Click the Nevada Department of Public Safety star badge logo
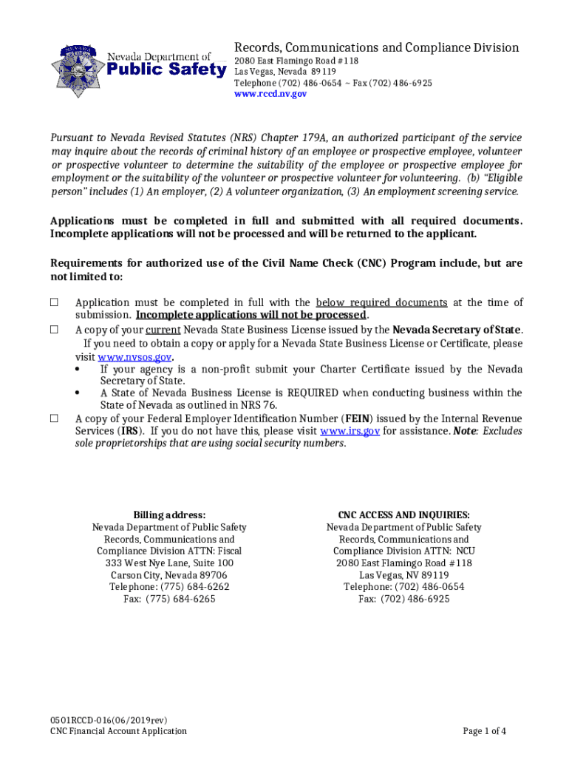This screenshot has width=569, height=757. click(78, 71)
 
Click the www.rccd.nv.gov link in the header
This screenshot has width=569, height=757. click(270, 95)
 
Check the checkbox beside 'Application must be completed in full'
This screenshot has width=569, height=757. click(55, 302)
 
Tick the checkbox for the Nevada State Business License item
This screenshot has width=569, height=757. click(55, 330)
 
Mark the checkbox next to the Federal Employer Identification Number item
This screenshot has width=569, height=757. click(55, 418)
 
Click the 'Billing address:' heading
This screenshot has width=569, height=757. click(169, 515)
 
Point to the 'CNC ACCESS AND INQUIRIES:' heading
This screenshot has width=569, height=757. click(403, 515)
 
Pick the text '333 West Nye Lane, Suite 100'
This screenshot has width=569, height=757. click(169, 563)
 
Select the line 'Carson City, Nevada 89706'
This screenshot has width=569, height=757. click(169, 575)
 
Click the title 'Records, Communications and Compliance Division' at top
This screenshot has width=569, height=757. click(376, 47)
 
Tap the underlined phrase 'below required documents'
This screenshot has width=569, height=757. click(381, 302)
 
